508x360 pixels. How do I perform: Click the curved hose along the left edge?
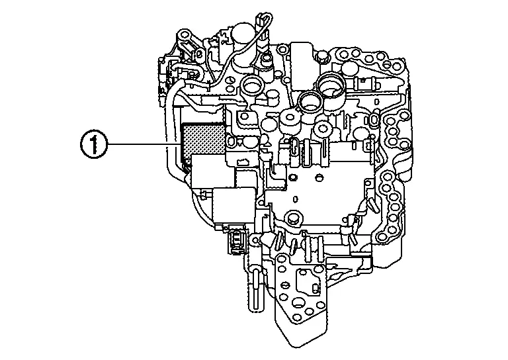click(170, 132)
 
